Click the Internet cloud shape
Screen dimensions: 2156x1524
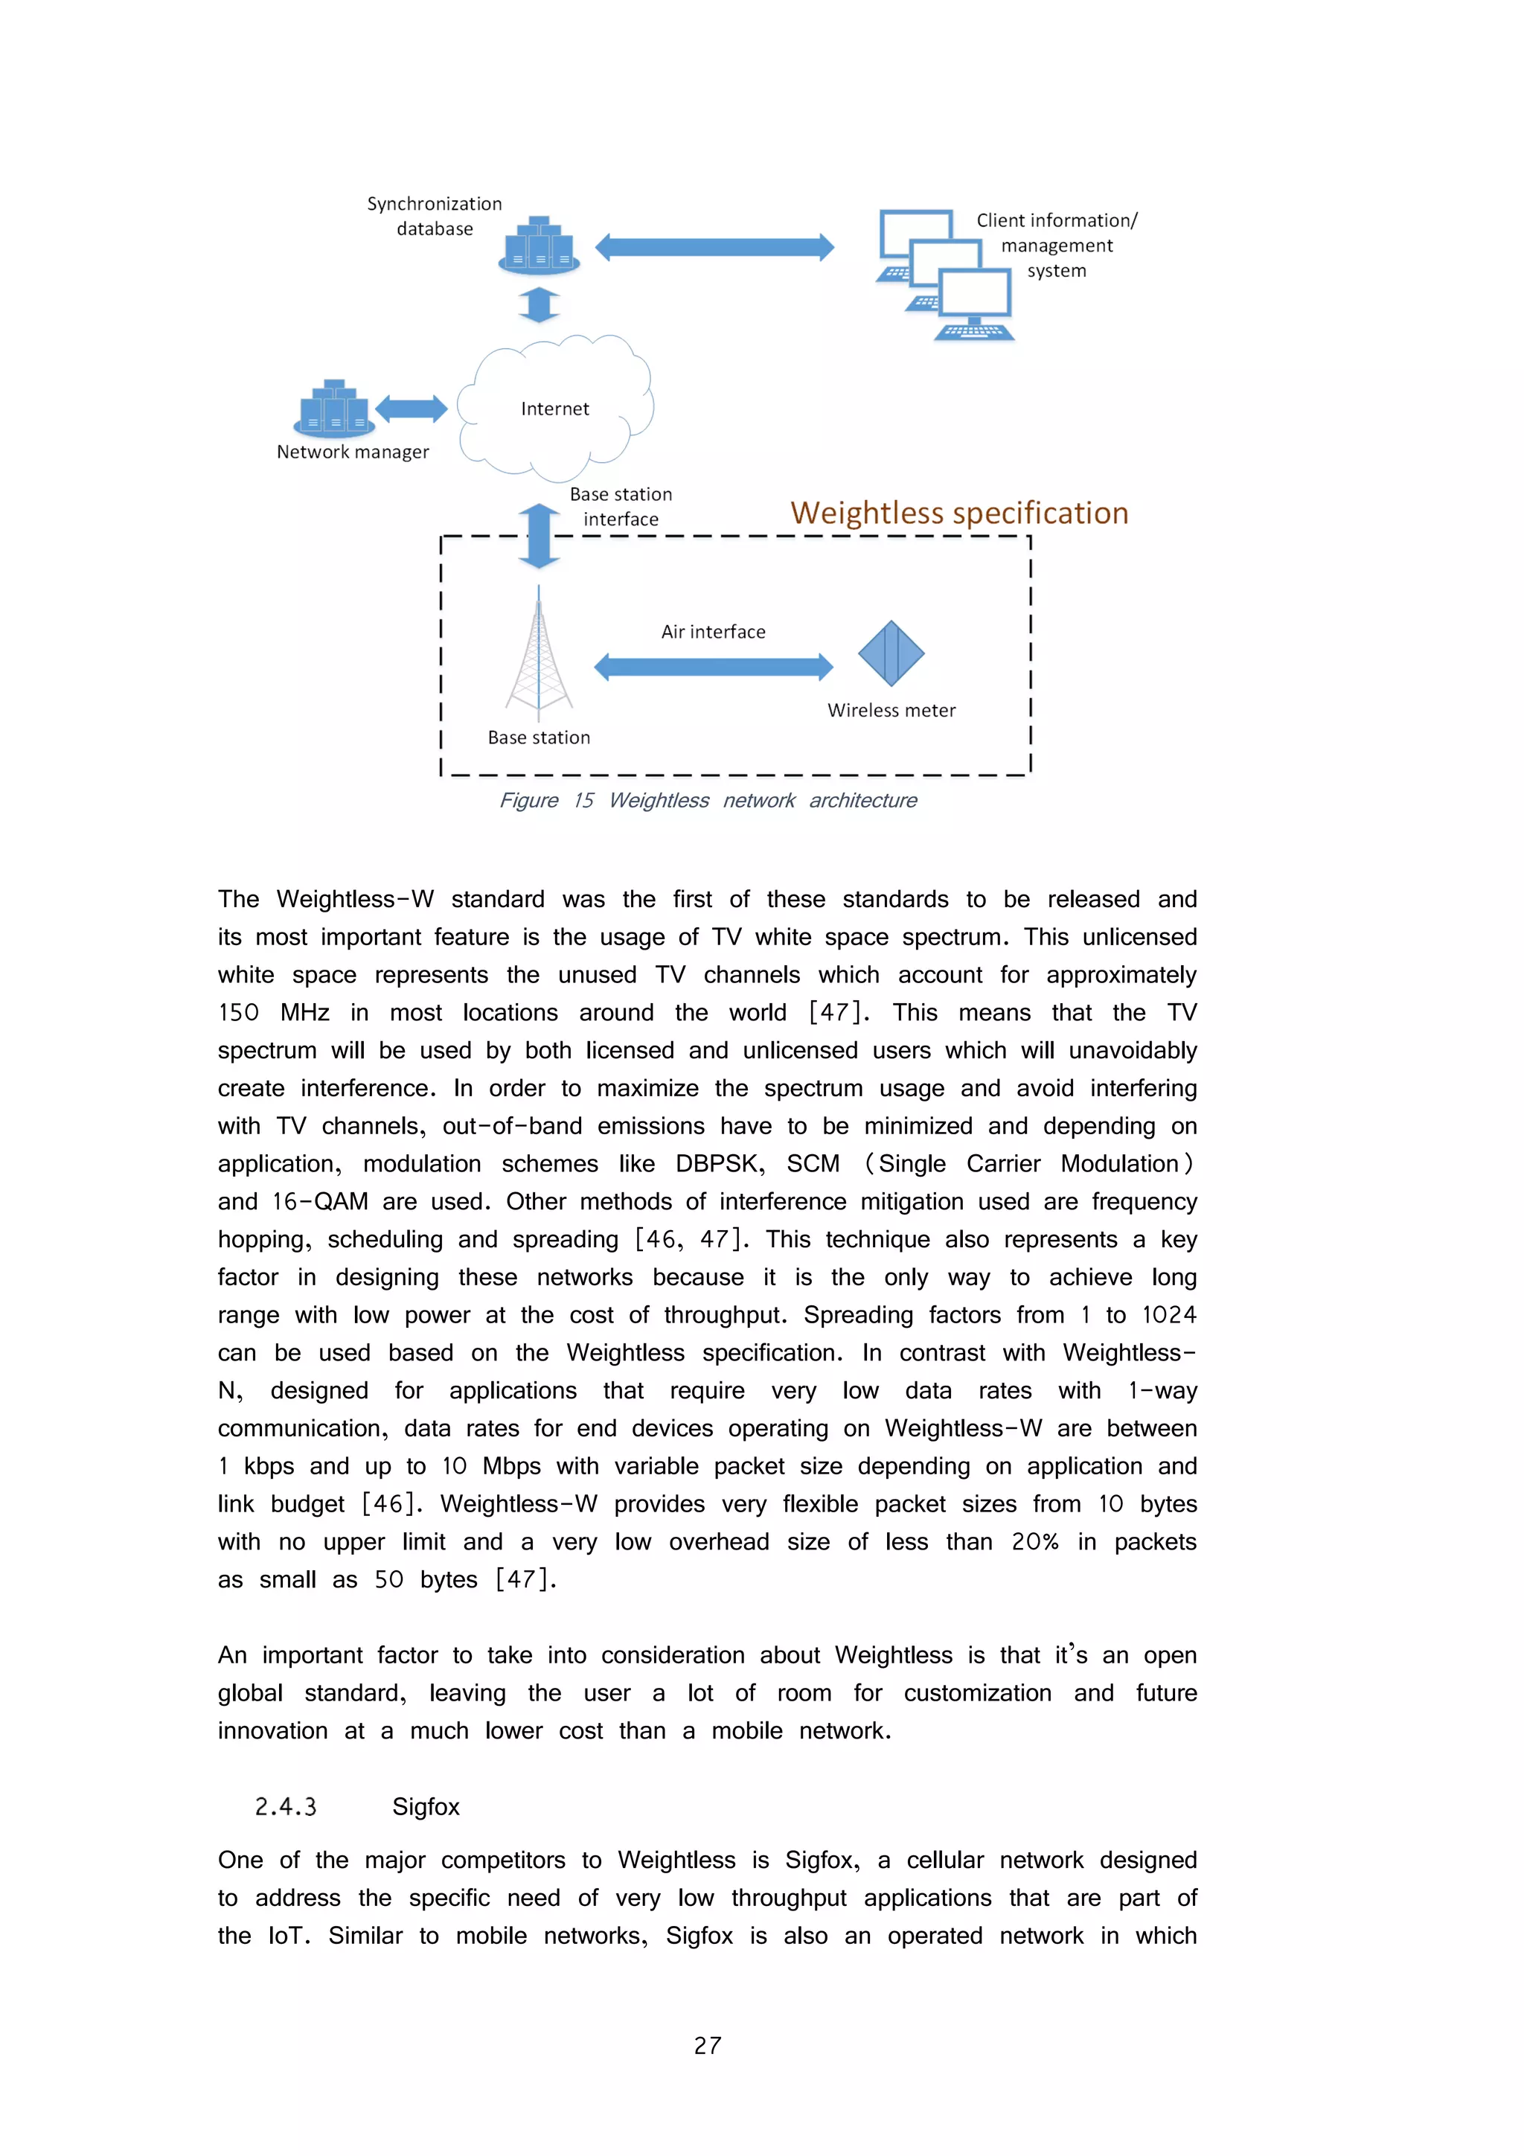(555, 408)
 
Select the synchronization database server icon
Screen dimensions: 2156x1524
(539, 246)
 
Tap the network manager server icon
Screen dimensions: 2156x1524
(334, 409)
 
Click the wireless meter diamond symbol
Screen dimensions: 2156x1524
(891, 653)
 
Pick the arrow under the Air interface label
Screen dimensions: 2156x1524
(714, 667)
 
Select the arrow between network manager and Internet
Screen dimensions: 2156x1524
(412, 409)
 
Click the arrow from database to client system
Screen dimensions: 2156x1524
(714, 247)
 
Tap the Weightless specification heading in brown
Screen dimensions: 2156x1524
(958, 513)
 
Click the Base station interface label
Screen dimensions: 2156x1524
(621, 506)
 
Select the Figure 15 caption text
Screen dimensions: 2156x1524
(708, 800)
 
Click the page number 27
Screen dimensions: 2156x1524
(707, 2045)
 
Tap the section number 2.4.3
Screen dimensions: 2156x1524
(286, 1807)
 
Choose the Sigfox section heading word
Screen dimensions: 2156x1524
(426, 1807)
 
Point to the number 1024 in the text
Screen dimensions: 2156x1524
(1168, 1314)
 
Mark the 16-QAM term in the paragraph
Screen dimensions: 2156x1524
(319, 1201)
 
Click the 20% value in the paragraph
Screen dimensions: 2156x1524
(1035, 1542)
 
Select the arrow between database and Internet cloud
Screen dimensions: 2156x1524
(539, 304)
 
